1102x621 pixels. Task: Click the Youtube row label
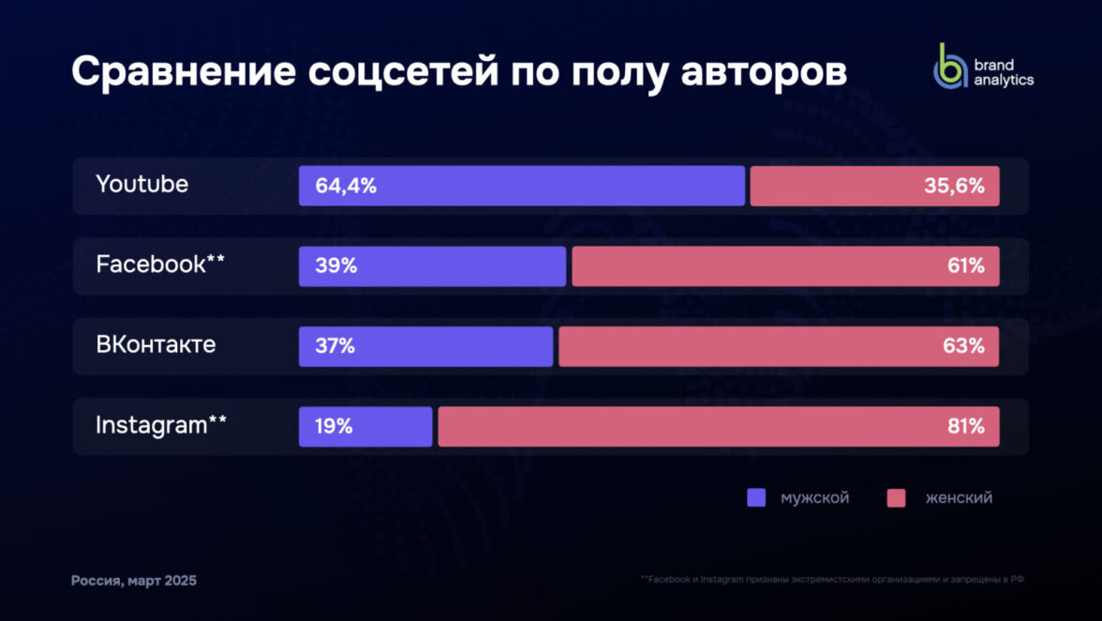141,185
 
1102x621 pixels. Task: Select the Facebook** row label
160,265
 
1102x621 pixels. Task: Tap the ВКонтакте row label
156,345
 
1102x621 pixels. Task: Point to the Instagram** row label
160,426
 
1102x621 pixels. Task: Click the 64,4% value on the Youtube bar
346,186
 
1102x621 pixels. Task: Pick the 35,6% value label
954,186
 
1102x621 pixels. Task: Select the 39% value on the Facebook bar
336,266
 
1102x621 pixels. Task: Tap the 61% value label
965,266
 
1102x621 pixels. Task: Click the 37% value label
335,346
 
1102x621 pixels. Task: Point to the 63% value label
964,346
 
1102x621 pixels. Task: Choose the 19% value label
335,427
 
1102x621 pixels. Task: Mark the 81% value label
965,427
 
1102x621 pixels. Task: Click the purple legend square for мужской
756,498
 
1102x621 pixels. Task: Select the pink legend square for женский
896,498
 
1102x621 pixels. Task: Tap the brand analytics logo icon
949,67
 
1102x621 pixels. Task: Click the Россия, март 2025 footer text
134,582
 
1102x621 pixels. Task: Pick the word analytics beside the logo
1004,81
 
